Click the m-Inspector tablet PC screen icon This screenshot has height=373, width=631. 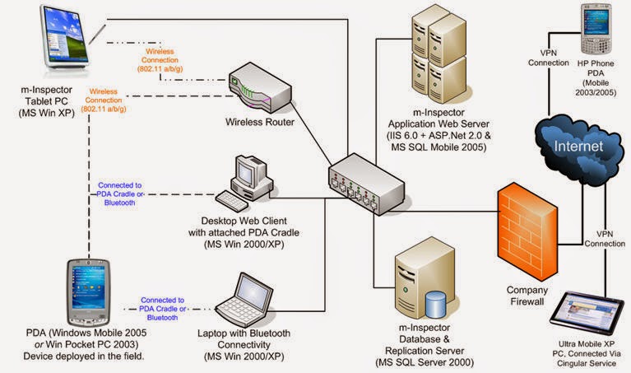66,37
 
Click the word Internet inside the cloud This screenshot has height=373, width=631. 583,145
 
